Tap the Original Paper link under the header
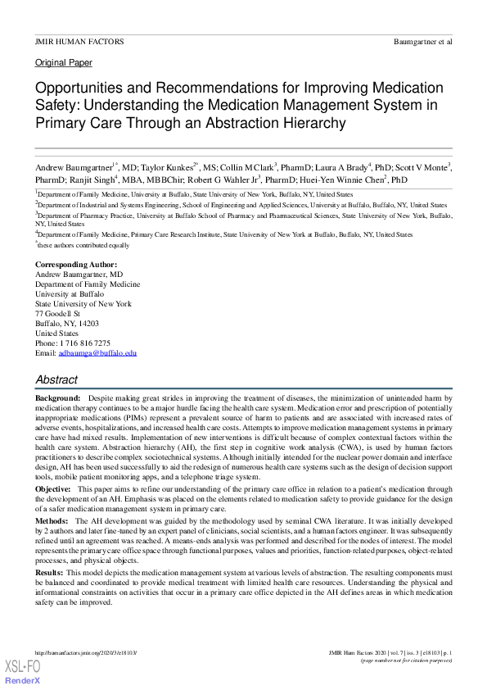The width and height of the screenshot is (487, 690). coord(63,62)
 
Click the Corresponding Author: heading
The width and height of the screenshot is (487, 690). coord(76,264)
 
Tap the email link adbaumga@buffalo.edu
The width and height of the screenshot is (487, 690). coord(97,352)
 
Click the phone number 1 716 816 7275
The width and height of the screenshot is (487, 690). coord(85,343)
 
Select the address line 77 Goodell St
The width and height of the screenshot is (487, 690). coord(57,313)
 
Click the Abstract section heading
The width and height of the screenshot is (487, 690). coord(56,379)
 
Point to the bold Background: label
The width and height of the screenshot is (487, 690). coord(57,396)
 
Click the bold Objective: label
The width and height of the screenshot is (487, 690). coord(53,488)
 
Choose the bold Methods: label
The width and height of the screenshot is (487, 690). coord(52,520)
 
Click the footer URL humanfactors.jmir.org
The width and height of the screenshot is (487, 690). coord(85,651)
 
